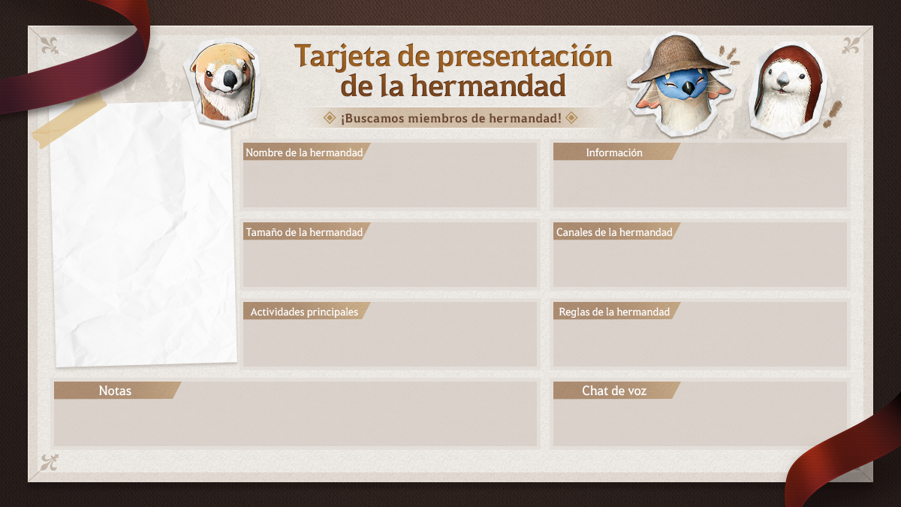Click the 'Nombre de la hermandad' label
pyautogui.click(x=304, y=152)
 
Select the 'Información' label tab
pyautogui.click(x=614, y=152)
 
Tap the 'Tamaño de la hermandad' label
pyautogui.click(x=304, y=232)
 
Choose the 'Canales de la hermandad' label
pyautogui.click(x=614, y=232)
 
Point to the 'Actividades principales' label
pyautogui.click(x=304, y=312)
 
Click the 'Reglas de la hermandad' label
pyautogui.click(x=614, y=312)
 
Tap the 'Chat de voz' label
pyautogui.click(x=614, y=391)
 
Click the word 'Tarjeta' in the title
pyautogui.click(x=342, y=56)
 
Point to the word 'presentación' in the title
pyautogui.click(x=525, y=57)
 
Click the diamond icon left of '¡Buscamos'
pyautogui.click(x=330, y=118)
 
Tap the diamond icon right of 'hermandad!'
pyautogui.click(x=571, y=118)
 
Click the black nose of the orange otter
pyautogui.click(x=230, y=80)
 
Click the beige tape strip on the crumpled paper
pyautogui.click(x=69, y=121)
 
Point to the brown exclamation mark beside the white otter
pyautogui.click(x=833, y=114)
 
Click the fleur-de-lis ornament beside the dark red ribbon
pyautogui.click(x=50, y=46)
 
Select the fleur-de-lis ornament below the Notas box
pyautogui.click(x=50, y=463)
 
